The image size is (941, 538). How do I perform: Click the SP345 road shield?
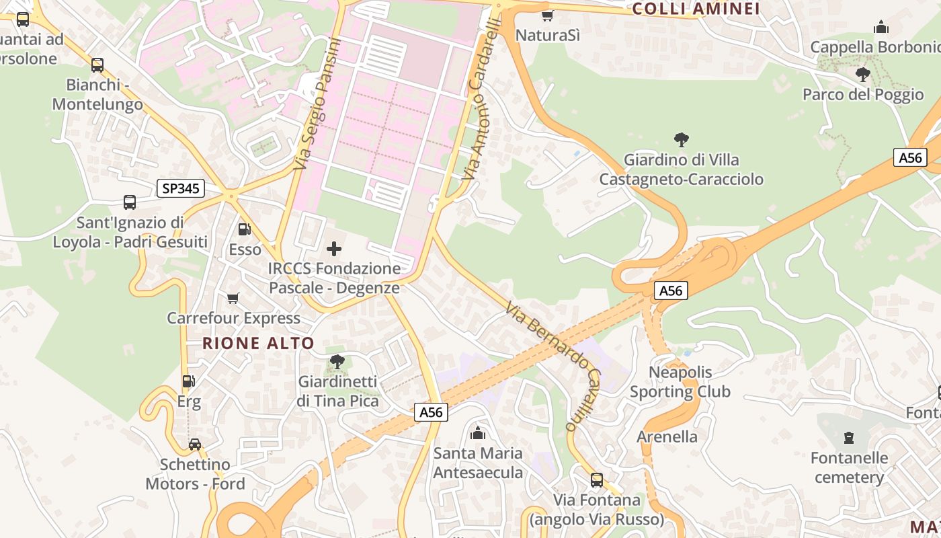[x=181, y=188]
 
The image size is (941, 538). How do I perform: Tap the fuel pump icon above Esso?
[x=245, y=229]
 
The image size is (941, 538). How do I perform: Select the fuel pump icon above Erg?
[x=189, y=381]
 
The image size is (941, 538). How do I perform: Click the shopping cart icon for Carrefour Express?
[x=233, y=298]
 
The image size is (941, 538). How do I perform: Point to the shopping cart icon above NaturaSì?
[x=547, y=15]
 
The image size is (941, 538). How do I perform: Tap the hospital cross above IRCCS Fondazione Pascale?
[x=333, y=249]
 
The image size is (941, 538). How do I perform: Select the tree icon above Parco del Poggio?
[x=863, y=75]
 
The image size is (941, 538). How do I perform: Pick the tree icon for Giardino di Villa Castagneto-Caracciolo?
[x=681, y=140]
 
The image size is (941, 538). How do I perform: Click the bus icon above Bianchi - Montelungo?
[x=97, y=65]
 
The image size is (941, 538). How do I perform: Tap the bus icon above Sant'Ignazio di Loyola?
[x=130, y=202]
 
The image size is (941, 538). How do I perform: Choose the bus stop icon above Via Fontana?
[x=596, y=480]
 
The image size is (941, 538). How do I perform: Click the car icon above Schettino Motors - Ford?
[x=195, y=445]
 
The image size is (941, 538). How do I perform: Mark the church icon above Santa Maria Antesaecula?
[x=478, y=433]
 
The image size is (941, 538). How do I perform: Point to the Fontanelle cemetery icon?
[x=848, y=438]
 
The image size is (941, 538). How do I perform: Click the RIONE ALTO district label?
[x=258, y=343]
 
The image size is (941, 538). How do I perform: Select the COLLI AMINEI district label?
[x=696, y=9]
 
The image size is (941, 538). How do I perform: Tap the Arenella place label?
[x=667, y=436]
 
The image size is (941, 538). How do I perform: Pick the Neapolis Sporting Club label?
[x=680, y=382]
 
